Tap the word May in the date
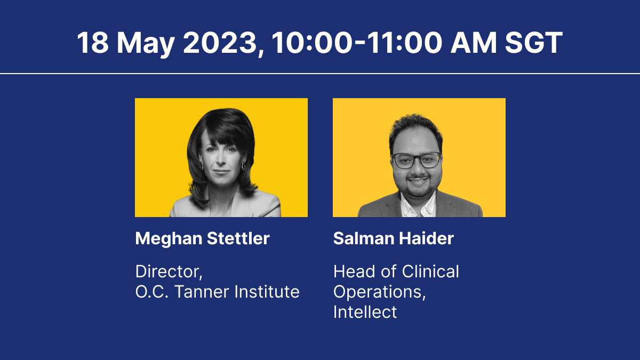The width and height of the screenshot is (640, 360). pyautogui.click(x=146, y=44)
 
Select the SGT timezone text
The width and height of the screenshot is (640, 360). pyautogui.click(x=533, y=43)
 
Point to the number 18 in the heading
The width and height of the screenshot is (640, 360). pyautogui.click(x=93, y=43)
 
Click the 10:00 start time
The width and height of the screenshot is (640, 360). pyautogui.click(x=311, y=43)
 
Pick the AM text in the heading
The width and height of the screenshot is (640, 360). pyautogui.click(x=473, y=43)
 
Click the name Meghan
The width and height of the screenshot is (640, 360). pyautogui.click(x=169, y=239)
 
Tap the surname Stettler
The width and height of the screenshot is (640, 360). pyautogui.click(x=238, y=238)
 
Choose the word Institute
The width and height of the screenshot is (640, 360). pyautogui.click(x=267, y=292)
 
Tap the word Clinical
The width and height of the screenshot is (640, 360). pyautogui.click(x=430, y=271)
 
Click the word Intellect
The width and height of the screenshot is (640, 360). pyautogui.click(x=365, y=311)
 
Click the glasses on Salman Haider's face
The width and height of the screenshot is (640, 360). pyautogui.click(x=417, y=160)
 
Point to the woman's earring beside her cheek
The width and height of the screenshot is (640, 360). pyautogui.click(x=243, y=166)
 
